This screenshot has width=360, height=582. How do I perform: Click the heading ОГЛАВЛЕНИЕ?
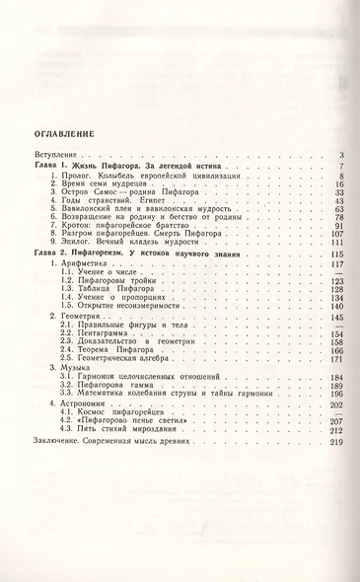(67, 131)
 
